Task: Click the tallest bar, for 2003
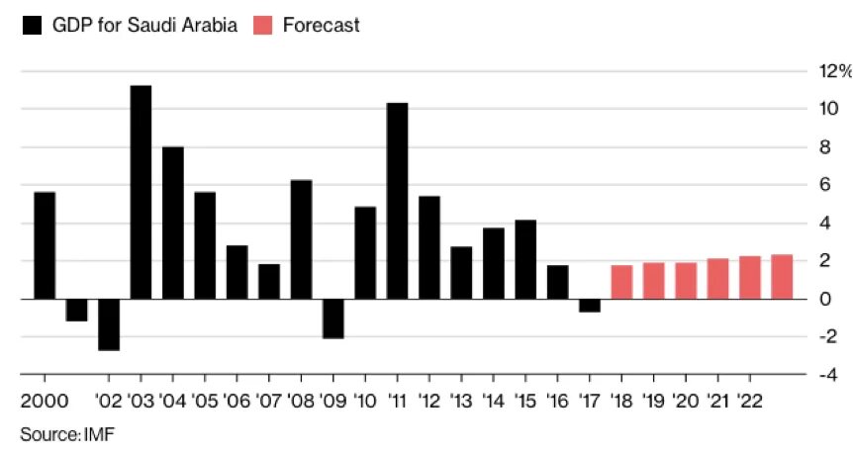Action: (141, 192)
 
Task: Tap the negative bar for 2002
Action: (109, 324)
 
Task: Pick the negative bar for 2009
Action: (332, 319)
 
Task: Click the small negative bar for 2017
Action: (589, 305)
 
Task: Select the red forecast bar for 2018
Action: (621, 282)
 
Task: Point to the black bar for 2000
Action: (45, 245)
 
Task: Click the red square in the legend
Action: (262, 26)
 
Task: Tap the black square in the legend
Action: (31, 26)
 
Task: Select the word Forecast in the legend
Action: (321, 26)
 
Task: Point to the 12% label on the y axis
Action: (831, 70)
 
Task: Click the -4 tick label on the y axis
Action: (833, 375)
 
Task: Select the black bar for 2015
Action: (525, 259)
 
